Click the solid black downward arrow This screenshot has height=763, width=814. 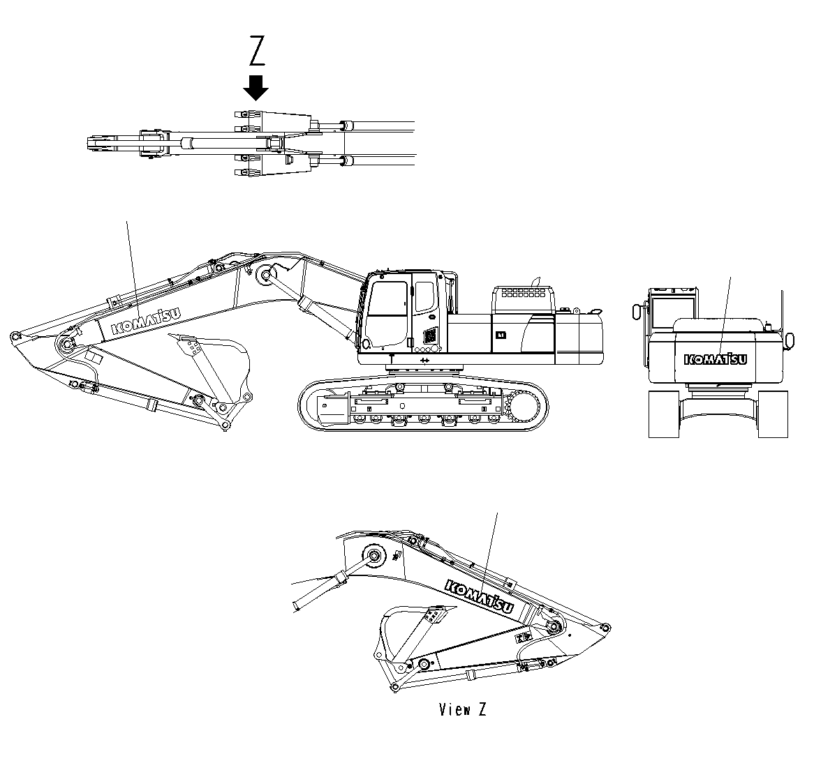[257, 88]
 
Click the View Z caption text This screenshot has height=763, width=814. [462, 710]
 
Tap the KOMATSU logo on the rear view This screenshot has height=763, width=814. [716, 358]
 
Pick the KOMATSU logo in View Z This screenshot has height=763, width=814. [479, 598]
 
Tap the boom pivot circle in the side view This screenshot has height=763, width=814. [265, 275]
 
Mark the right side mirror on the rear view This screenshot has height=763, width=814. [790, 340]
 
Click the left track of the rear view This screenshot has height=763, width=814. [664, 414]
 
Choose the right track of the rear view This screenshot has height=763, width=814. [773, 414]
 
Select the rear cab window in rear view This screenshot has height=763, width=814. [674, 307]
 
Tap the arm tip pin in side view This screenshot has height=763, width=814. [14, 338]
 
